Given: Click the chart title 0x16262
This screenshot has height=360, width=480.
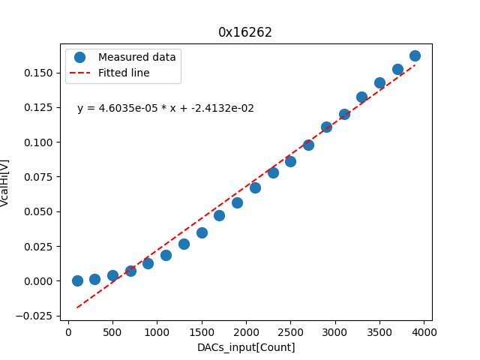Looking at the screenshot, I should tap(245, 32).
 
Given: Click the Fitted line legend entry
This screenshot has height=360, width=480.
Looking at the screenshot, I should tap(124, 73).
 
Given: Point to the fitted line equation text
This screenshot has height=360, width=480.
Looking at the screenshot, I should tap(166, 108).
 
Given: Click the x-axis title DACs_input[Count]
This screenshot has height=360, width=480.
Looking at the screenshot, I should tap(246, 347).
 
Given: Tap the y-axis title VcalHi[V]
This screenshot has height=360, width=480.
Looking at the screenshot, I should tap(5, 182).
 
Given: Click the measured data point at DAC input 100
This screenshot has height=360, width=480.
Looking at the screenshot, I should tap(77, 280).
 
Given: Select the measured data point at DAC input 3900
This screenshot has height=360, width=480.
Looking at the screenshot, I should tap(415, 55).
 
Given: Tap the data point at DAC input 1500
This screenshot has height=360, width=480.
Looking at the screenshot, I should tap(202, 232).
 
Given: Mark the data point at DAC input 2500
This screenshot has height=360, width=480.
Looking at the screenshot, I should tap(290, 161).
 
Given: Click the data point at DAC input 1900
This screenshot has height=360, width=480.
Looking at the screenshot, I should tap(237, 202).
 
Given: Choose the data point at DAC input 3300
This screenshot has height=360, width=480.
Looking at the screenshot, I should tap(361, 97).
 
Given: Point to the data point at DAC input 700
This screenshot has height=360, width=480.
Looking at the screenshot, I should tap(130, 271).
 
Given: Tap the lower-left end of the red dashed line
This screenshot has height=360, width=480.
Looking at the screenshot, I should tap(77, 307).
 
